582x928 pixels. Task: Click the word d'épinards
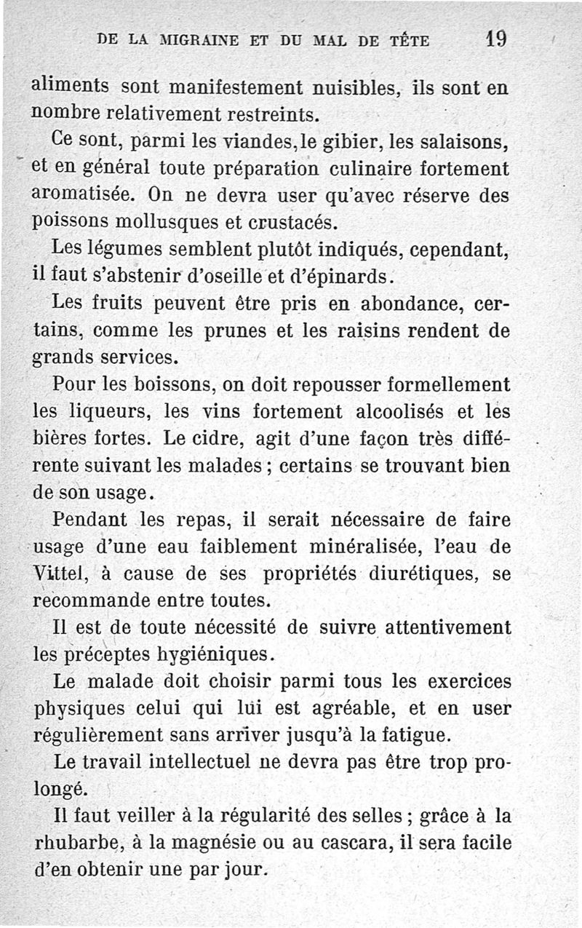[344, 277]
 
